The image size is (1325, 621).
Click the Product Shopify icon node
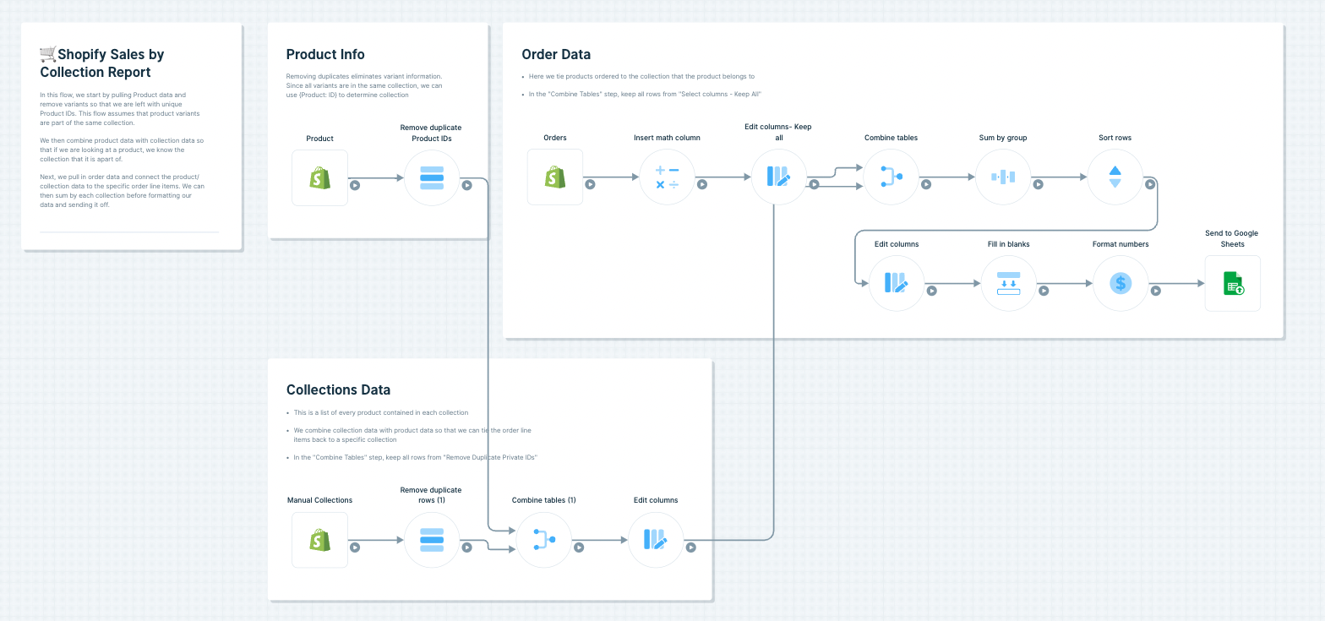(x=319, y=177)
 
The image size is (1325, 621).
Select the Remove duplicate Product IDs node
(x=431, y=177)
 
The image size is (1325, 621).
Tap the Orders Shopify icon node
(x=555, y=177)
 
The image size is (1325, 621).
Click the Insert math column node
(x=667, y=177)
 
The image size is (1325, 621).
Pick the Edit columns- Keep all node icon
(x=778, y=177)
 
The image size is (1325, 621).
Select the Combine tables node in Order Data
(x=891, y=177)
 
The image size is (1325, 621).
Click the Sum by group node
(x=1002, y=177)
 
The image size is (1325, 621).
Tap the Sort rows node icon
(x=1115, y=177)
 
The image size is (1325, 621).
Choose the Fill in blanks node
(x=1008, y=283)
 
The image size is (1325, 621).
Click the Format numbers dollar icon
(x=1121, y=283)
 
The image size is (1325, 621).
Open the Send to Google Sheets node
(x=1232, y=283)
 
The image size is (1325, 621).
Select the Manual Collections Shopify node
(x=319, y=540)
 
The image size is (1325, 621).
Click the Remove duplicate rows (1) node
(x=431, y=540)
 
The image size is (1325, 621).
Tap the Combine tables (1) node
(x=543, y=540)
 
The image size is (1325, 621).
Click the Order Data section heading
(x=556, y=55)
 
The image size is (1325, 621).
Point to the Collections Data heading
(x=338, y=389)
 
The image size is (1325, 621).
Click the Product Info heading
(x=325, y=55)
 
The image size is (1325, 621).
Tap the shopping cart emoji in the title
(x=47, y=55)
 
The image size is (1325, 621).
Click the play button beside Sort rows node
(x=1150, y=184)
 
